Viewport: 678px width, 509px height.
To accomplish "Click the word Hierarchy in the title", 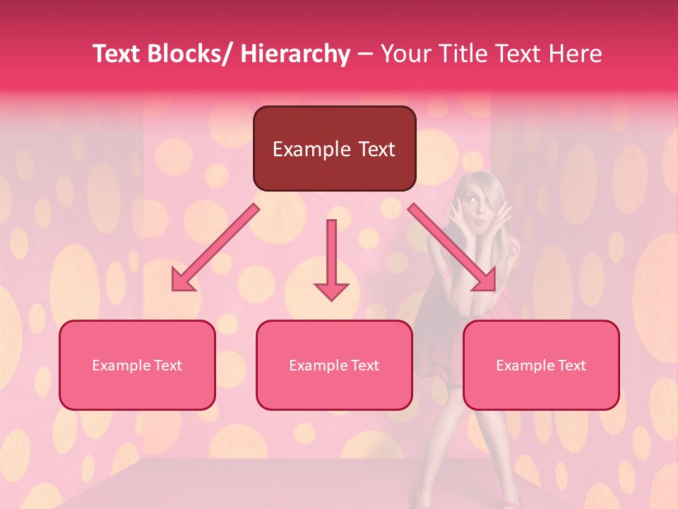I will [295, 54].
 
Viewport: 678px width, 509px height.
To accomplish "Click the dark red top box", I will [334, 148].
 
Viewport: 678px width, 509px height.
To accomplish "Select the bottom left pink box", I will [137, 365].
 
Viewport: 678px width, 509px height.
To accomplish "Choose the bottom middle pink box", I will [334, 365].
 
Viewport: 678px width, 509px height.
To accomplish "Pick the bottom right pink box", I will [541, 365].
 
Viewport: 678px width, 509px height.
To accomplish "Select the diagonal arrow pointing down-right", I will [452, 247].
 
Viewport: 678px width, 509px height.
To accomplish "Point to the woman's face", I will [478, 206].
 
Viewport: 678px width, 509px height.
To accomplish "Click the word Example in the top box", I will [311, 149].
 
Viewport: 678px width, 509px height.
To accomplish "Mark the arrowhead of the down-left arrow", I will [182, 281].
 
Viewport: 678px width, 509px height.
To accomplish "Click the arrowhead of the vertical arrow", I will [331, 291].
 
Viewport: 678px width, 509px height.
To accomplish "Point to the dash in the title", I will [365, 55].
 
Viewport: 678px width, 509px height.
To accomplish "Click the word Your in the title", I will [405, 54].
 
